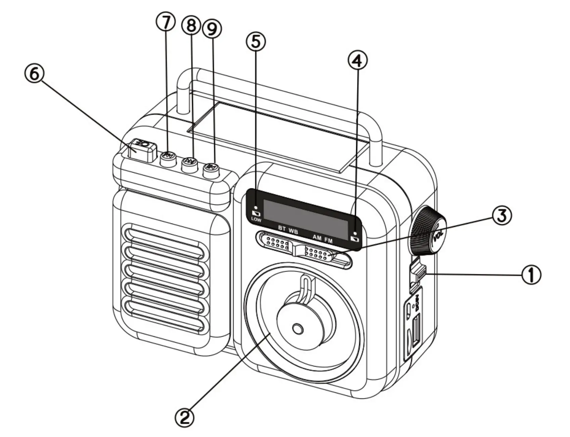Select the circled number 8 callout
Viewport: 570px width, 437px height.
pos(191,26)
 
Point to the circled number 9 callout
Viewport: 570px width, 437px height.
pos(212,30)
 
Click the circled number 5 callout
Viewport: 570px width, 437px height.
pos(256,41)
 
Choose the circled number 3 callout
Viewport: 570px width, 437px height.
pos(502,216)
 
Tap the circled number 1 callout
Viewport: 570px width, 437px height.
pos(531,275)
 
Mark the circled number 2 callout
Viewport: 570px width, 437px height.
pos(184,417)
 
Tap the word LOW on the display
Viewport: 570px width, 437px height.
pos(256,220)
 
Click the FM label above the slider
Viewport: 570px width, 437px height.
pos(328,240)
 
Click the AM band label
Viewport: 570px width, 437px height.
pos(317,238)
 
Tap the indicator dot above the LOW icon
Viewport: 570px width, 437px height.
pos(256,207)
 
